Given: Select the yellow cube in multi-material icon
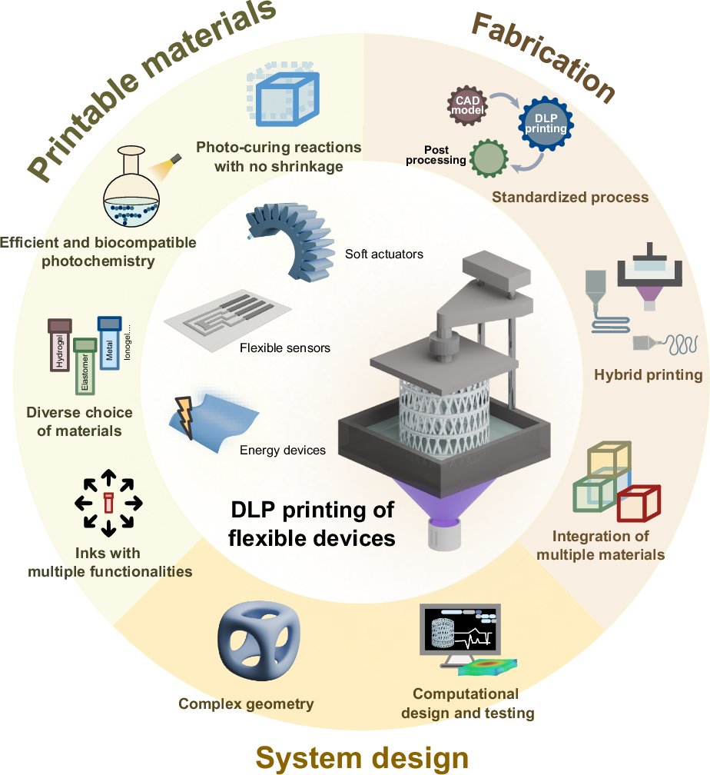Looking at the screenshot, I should [x=609, y=461].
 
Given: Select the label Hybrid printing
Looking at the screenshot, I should [x=648, y=375].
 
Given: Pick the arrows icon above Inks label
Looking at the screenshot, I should [x=108, y=505].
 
